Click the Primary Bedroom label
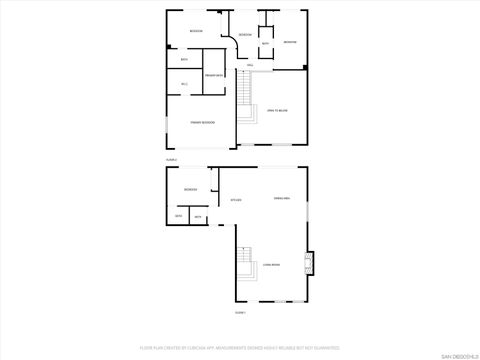pos(203,122)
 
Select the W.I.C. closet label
pos(184,84)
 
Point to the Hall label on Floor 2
pos(249,65)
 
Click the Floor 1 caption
pos(240,313)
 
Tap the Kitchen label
pos(236,200)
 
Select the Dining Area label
pos(282,199)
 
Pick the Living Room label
pos(271,264)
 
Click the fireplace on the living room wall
pos(310,262)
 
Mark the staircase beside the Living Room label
pos(242,267)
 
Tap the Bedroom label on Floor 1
pos(190,190)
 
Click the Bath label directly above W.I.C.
pos(184,60)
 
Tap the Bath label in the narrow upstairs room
pos(265,45)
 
